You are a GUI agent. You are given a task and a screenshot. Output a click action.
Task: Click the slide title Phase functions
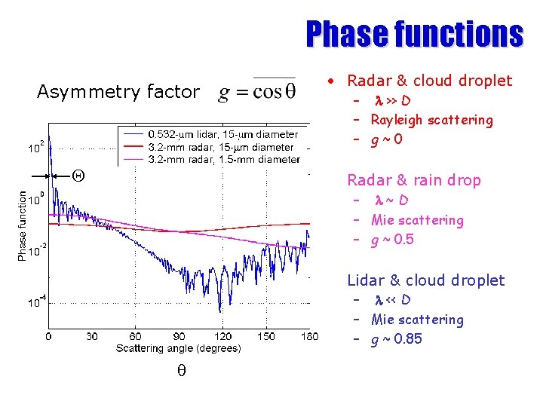pos(413,34)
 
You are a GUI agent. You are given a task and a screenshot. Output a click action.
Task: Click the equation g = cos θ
pos(256,92)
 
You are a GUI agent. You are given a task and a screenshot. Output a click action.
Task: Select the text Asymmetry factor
pos(118,92)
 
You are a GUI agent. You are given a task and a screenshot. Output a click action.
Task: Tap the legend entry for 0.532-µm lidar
pos(222,134)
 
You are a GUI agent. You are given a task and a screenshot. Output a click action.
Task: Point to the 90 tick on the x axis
pos(179,336)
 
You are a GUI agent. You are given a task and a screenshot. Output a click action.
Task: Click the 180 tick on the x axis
pos(309,336)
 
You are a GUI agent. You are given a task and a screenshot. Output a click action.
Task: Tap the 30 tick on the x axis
pos(92,336)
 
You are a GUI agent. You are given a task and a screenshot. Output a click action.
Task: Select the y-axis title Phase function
pos(22,226)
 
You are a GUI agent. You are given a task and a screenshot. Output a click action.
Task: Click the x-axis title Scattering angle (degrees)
pos(179,348)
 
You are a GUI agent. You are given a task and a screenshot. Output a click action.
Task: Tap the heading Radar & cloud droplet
pos(429,81)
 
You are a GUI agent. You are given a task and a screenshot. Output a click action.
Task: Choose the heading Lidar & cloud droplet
pos(425,280)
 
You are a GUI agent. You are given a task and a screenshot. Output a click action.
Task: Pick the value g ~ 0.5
pos(392,240)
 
